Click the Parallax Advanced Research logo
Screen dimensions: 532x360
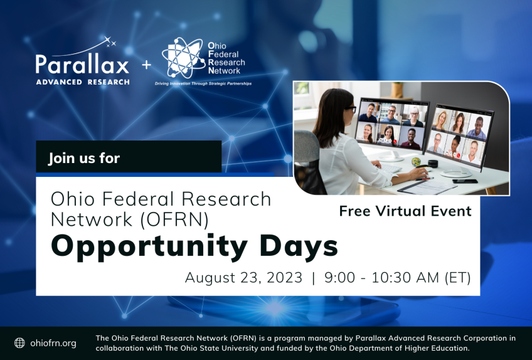[82, 61]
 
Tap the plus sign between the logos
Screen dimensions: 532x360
[147, 65]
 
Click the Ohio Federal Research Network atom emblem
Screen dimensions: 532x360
[183, 58]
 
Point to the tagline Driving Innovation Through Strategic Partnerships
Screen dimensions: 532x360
[203, 83]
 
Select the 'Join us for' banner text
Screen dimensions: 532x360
[84, 158]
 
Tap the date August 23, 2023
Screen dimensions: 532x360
[243, 278]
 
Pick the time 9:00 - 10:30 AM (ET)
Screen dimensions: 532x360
[397, 278]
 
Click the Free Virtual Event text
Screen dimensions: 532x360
[405, 211]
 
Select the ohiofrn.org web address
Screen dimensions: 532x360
[53, 343]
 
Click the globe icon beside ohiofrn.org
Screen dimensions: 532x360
[19, 343]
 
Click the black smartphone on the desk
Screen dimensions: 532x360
[465, 181]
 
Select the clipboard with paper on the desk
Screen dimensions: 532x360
[427, 188]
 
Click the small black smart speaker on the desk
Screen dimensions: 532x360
[433, 164]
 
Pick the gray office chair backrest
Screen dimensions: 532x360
[307, 146]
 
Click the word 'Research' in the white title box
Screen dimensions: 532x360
[226, 199]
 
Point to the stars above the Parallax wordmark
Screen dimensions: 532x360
[110, 41]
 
